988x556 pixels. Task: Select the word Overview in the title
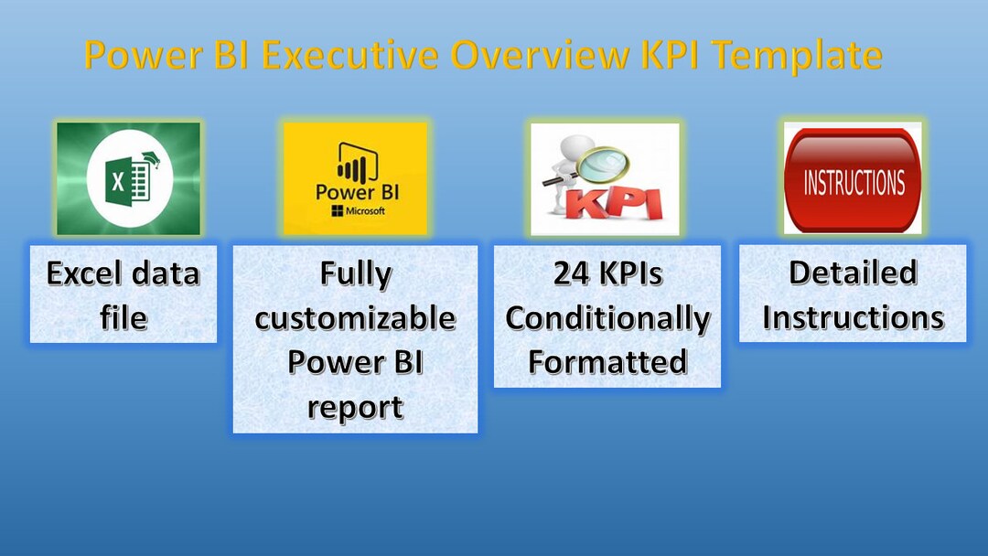coord(539,55)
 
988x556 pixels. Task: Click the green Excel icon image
coord(128,178)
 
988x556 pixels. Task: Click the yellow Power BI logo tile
coord(355,178)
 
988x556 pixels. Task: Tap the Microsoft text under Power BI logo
coord(365,210)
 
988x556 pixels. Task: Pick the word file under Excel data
coord(123,317)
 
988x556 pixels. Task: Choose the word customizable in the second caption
coord(355,317)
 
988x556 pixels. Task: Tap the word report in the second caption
coord(355,406)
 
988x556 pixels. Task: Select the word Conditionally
coord(607,317)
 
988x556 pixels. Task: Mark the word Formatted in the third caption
coord(607,362)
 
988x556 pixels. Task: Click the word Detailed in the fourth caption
coord(853,273)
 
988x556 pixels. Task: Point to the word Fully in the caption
coord(355,273)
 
